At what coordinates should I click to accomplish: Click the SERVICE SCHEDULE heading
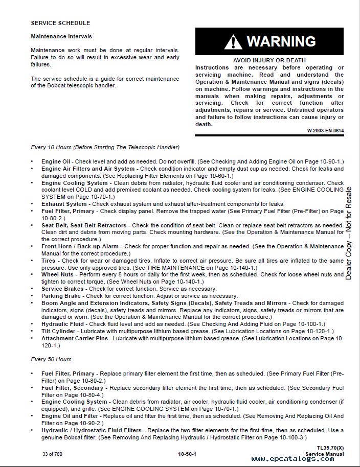coord(60,23)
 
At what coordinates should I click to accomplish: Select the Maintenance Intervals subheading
coord(61,37)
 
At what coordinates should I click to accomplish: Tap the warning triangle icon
coord(233,42)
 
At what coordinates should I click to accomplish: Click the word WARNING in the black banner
coord(281,41)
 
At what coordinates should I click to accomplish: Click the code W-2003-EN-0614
coord(325,131)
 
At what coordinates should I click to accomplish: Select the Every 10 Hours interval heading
coord(105,147)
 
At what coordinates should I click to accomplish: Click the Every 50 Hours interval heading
coord(51,359)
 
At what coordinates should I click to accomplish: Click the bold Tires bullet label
coord(49,261)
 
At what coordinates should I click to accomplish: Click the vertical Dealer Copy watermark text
coord(349,232)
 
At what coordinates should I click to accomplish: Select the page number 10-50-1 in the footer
coord(187,454)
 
